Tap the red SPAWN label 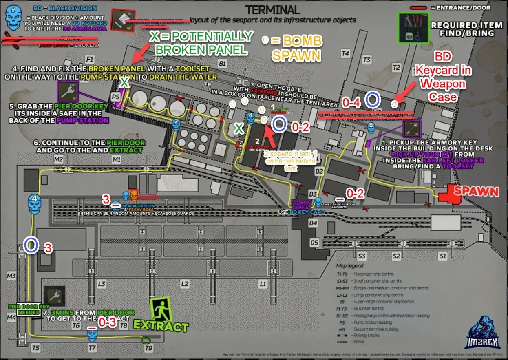coord(476,191)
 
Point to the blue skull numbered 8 coord(370,128)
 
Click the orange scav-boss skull coord(133,194)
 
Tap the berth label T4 coord(345,53)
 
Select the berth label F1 coord(90,58)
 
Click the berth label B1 coord(222,64)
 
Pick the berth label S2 coord(396,256)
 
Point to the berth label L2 coord(185,283)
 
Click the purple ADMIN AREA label coord(302,205)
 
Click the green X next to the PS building coord(124,83)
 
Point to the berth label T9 coord(148,348)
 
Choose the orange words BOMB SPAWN coord(297,48)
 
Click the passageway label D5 coord(314,243)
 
